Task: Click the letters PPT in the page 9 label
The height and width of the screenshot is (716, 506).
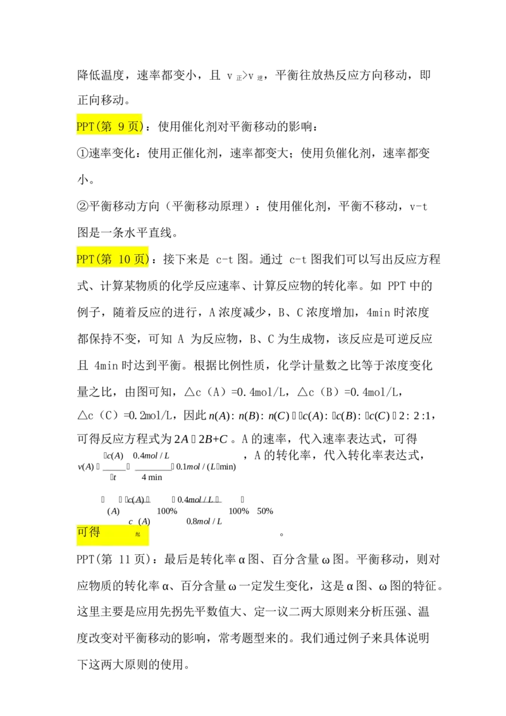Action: coord(85,127)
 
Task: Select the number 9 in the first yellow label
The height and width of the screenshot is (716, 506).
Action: coord(121,127)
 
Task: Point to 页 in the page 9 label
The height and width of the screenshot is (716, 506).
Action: coord(133,127)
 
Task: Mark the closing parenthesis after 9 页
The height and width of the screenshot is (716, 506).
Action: coord(141,127)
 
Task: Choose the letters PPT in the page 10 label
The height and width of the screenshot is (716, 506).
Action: coord(85,259)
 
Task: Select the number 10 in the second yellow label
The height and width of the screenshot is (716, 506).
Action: coord(124,259)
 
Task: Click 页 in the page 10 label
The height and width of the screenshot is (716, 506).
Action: coord(139,259)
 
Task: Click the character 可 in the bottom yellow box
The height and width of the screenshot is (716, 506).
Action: coord(83,533)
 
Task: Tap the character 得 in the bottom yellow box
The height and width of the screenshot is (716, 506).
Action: coord(94,533)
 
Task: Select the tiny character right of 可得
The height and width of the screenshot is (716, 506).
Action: coord(138,534)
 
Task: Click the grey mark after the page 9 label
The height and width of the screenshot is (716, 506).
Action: coord(145,127)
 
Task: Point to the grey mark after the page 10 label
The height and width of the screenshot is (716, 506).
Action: coord(150,260)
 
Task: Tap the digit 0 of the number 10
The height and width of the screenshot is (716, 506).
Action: coord(127,259)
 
